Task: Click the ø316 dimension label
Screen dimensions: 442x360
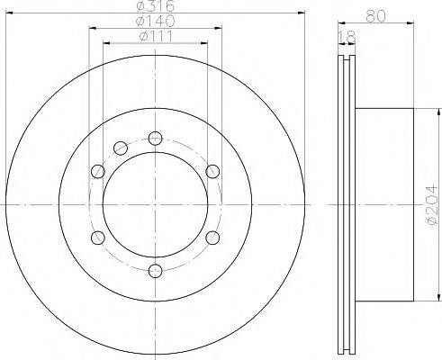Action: (155, 5)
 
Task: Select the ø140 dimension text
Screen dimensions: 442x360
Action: (155, 21)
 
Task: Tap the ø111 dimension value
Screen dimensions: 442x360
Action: (156, 37)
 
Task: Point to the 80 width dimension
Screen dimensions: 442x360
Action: (375, 16)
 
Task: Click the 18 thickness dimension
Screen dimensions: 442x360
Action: (347, 37)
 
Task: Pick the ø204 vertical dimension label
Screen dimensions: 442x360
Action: (432, 204)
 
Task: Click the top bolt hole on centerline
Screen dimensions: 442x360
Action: (156, 139)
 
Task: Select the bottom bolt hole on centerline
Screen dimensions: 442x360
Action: (156, 271)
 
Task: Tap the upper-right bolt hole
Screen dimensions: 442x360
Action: (212, 171)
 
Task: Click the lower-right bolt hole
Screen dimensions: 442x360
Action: (212, 238)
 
